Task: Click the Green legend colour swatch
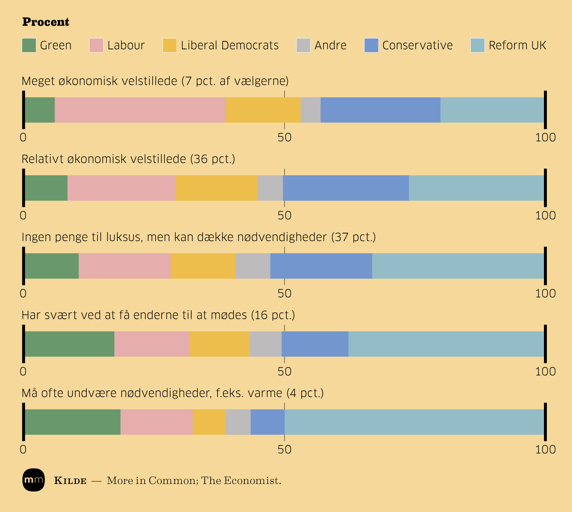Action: [x=29, y=46]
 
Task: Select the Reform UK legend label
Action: [x=517, y=46]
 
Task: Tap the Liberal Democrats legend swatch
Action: [x=170, y=46]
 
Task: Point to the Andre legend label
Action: [x=330, y=46]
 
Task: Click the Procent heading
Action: [x=46, y=22]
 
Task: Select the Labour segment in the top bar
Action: [x=140, y=110]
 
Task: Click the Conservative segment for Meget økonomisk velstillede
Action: [x=380, y=110]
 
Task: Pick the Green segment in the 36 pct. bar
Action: [x=46, y=188]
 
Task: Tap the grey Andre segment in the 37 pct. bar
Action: [x=253, y=266]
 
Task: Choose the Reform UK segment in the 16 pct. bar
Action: [x=446, y=344]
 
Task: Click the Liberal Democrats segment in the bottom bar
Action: [x=209, y=422]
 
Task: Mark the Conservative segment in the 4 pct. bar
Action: [x=267, y=422]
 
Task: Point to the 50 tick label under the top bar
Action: [x=285, y=138]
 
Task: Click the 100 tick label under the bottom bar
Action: [x=545, y=450]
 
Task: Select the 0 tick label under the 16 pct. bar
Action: [x=23, y=372]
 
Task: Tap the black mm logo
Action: [x=34, y=480]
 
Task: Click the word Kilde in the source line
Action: [x=70, y=481]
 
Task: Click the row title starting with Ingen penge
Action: [x=199, y=237]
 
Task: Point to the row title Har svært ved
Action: [x=158, y=315]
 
